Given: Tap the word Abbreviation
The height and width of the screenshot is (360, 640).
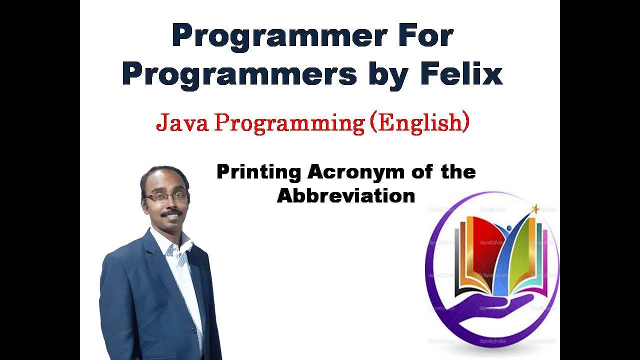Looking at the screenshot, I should coord(346,195).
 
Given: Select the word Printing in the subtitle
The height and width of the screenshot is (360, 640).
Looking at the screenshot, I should coord(258,172).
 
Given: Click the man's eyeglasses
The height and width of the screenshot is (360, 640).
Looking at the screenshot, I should coord(166,196).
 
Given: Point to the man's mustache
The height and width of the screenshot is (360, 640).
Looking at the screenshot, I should coord(171,212).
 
